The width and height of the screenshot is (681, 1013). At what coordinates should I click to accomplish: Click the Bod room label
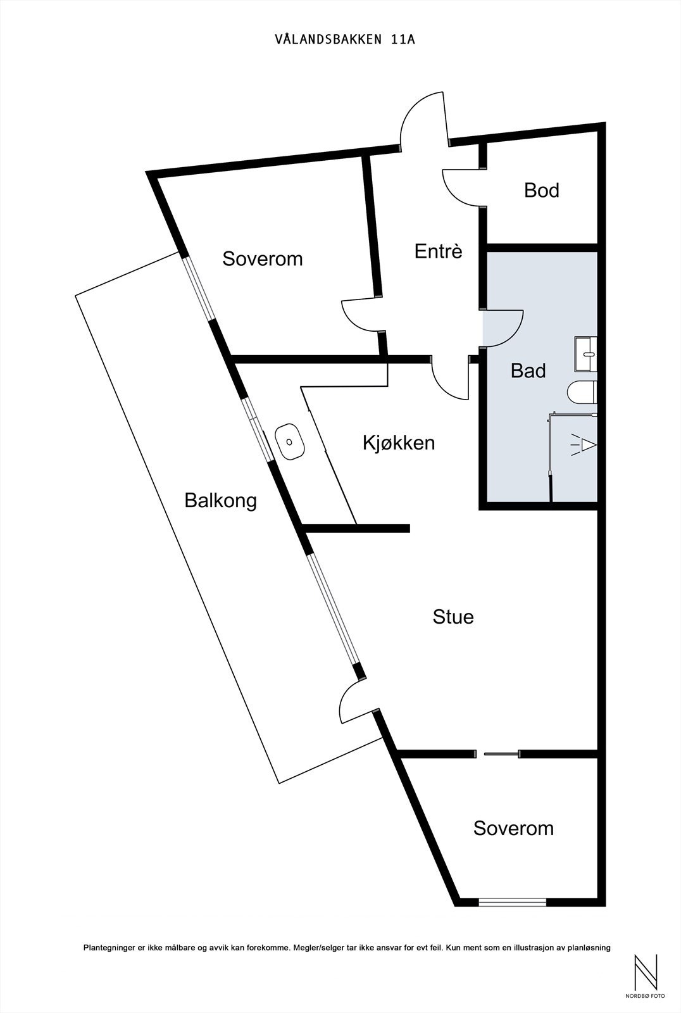point(541,191)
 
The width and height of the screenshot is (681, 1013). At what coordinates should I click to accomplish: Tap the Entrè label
point(438,251)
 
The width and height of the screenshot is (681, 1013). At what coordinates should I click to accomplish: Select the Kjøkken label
point(399,443)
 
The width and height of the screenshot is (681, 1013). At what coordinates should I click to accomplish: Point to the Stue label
point(453,617)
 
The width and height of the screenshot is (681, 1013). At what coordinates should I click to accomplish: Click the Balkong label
point(221,501)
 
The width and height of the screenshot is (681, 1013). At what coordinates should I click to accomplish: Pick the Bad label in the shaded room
point(528,371)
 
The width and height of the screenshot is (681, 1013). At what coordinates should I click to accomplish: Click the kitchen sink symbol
point(289,441)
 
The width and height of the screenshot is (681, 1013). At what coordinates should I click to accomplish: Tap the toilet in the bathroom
point(582,392)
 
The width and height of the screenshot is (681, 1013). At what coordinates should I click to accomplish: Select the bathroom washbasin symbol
point(586,354)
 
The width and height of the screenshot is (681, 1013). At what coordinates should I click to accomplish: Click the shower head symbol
point(584,445)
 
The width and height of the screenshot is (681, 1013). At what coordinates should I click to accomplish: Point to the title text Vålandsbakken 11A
point(345,39)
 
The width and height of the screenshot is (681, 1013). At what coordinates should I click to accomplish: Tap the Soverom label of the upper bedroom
point(262,259)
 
